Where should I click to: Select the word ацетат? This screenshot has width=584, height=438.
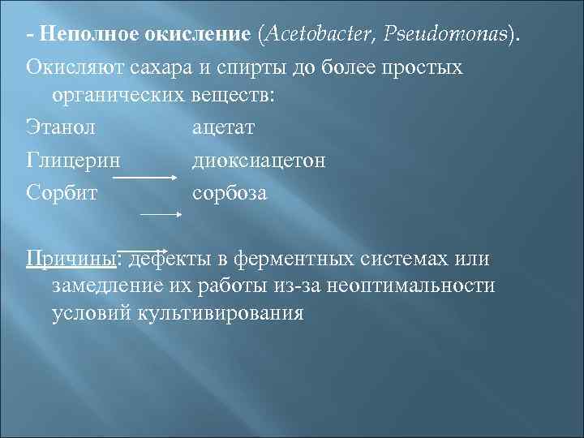[x=223, y=128]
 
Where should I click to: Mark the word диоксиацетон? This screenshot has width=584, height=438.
[x=260, y=160]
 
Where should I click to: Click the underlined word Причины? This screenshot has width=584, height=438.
[x=71, y=258]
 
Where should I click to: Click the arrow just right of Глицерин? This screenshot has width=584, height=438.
[x=152, y=175]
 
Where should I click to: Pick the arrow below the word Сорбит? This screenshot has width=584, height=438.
[x=161, y=214]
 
